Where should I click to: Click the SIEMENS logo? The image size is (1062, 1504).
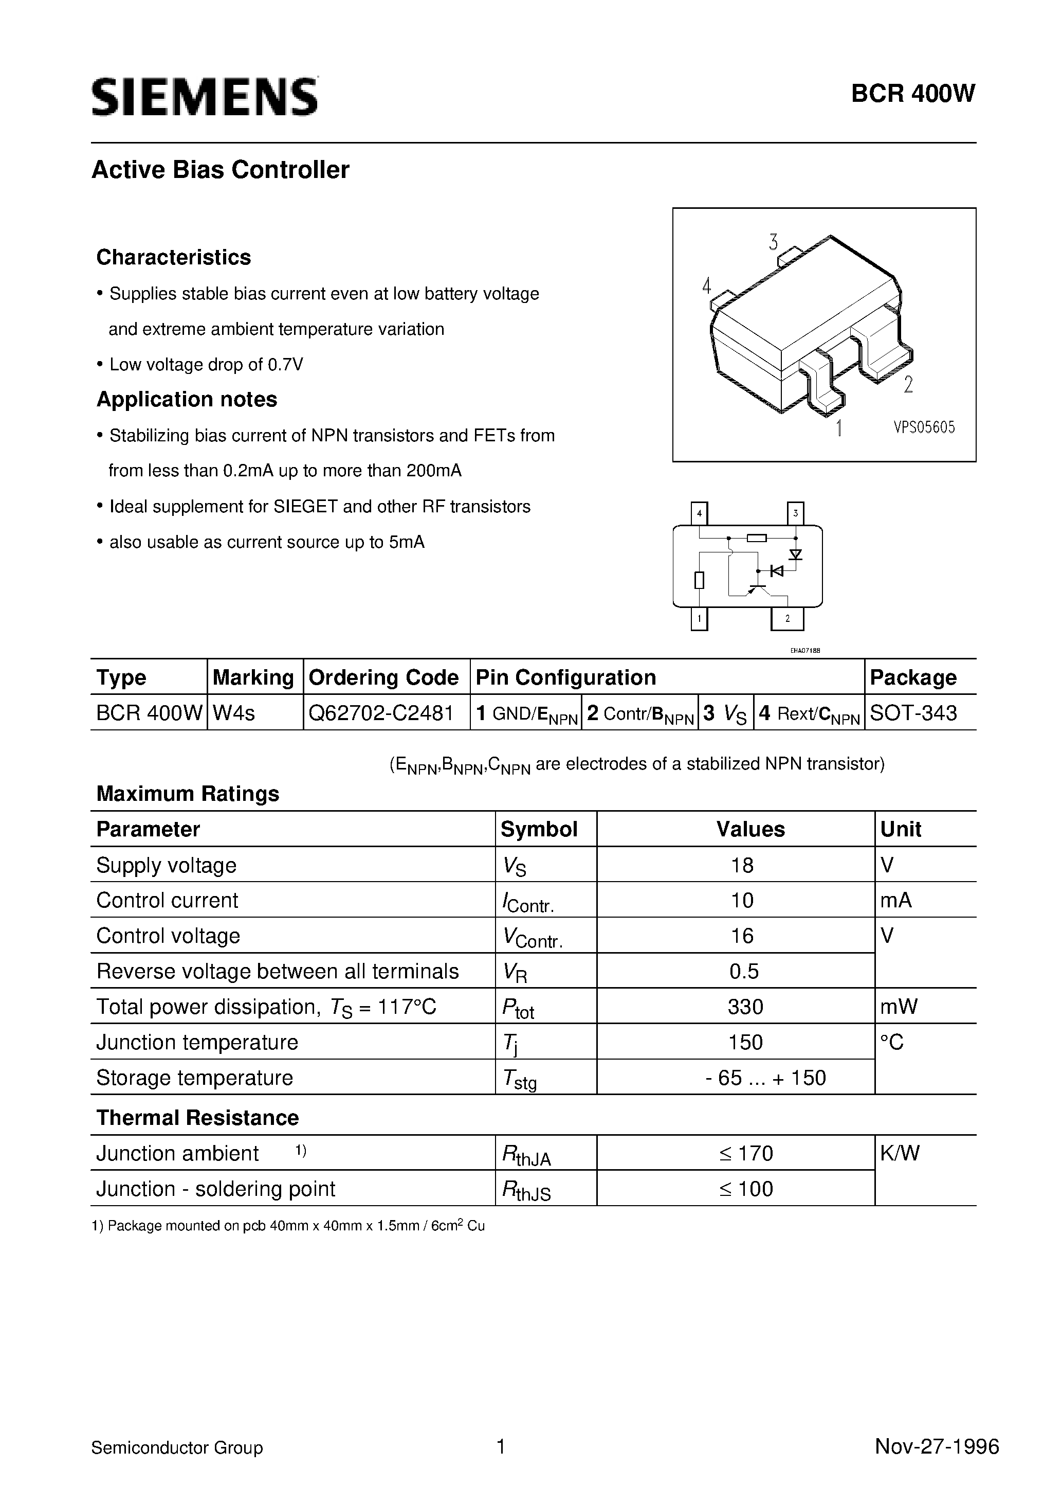coord(204,97)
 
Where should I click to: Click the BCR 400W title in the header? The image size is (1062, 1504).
coord(913,94)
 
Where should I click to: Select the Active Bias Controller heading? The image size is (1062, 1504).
coord(220,170)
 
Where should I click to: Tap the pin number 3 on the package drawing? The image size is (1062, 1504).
coord(773,242)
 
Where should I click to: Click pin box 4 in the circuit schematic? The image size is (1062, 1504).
coord(699,513)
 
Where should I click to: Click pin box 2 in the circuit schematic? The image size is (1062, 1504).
coord(787,618)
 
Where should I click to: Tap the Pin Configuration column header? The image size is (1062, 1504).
coord(566,677)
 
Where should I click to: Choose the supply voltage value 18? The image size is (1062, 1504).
coord(742,865)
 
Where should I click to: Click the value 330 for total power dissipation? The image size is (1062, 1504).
coord(745,1006)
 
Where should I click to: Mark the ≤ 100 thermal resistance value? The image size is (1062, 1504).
coord(746,1189)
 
